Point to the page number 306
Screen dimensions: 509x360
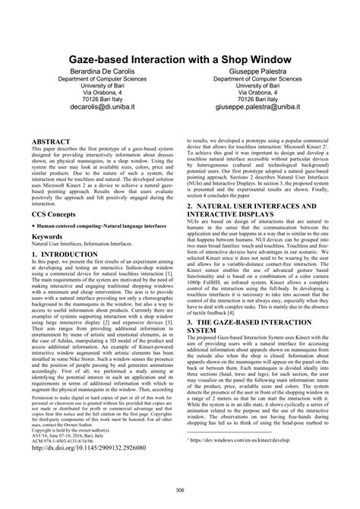click(179, 491)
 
